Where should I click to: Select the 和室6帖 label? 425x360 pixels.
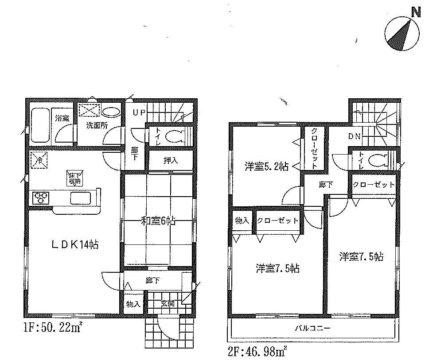(x=157, y=220)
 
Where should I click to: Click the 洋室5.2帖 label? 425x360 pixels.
(x=266, y=166)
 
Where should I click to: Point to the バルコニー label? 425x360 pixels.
(x=313, y=329)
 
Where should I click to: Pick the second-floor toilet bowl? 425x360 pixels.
(x=376, y=159)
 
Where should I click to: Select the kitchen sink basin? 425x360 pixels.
(x=81, y=198)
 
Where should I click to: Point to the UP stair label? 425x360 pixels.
(x=139, y=112)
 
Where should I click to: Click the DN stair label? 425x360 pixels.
(x=354, y=136)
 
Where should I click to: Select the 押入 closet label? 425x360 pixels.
(x=171, y=160)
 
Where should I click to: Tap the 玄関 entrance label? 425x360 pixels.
(x=167, y=303)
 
